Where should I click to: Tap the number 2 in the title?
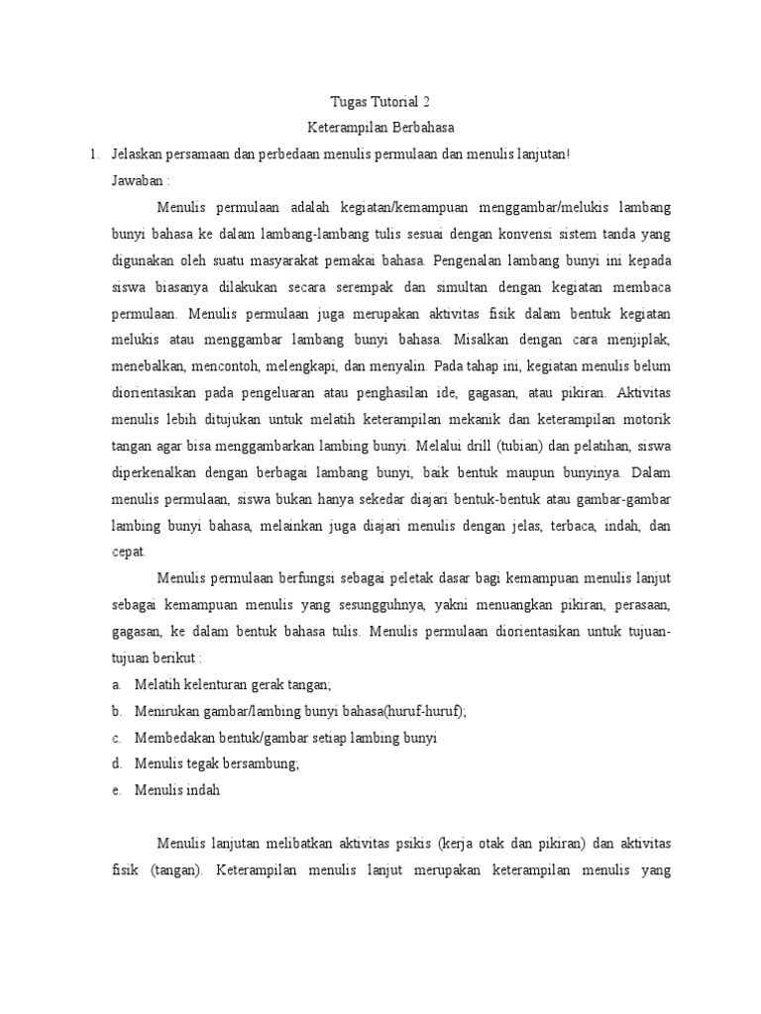tap(427, 102)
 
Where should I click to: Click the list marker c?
tap(116, 738)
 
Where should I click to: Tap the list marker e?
tap(116, 790)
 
